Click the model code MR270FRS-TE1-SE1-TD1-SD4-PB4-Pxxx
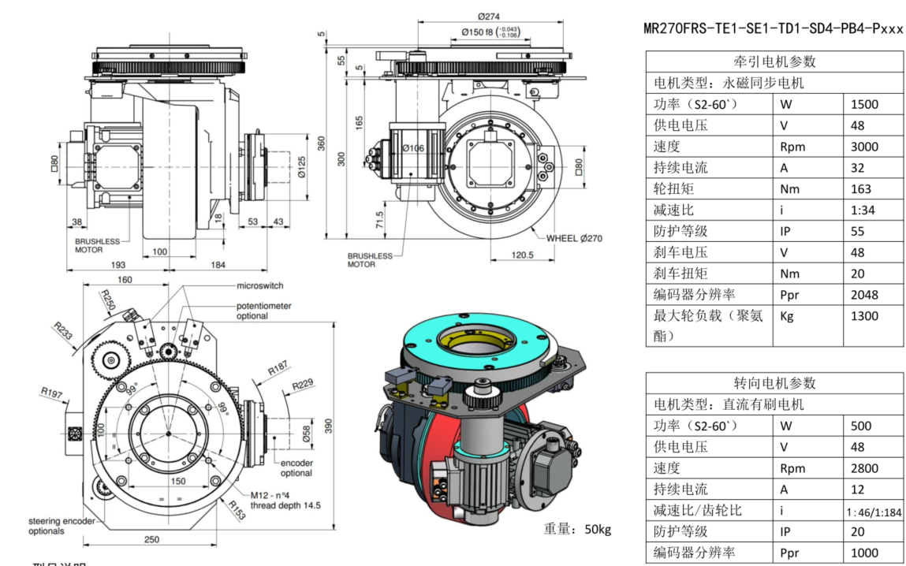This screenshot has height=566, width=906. pos(773,28)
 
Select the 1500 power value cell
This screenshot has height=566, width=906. pos(864,104)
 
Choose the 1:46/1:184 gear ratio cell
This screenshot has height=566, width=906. pos(873,512)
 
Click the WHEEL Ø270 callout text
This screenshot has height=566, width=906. pos(573,237)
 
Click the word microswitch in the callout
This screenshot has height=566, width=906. pos(259,285)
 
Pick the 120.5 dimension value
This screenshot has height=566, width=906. pos(522,255)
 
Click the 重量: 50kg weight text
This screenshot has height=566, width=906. pos(577,528)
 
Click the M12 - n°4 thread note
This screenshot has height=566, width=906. pos(273,494)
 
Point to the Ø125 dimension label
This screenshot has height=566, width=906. pos(302,168)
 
